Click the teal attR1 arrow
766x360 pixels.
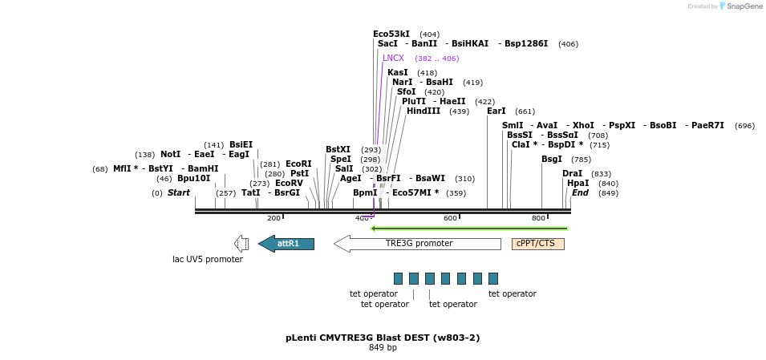[286, 243]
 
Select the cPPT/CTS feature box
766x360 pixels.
[538, 244]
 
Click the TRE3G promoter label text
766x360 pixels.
[419, 243]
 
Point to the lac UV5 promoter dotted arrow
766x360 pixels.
[241, 243]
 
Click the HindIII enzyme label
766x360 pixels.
[424, 111]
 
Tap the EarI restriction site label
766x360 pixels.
[496, 111]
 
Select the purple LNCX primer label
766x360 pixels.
[393, 58]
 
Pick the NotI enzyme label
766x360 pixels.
[171, 155]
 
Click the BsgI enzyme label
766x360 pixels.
[552, 160]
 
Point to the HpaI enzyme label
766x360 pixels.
[578, 183]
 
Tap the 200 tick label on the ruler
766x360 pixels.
[274, 218]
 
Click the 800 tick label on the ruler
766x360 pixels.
[538, 218]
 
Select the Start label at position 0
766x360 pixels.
[178, 193]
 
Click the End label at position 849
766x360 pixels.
[580, 193]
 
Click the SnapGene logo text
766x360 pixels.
[744, 6]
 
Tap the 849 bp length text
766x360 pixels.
[383, 348]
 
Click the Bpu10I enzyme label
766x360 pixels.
[193, 178]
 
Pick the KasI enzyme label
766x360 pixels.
[398, 72]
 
